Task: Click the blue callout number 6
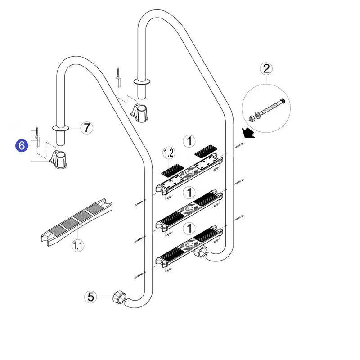(x=21, y=145)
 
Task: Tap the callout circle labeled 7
(x=87, y=128)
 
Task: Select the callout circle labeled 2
(x=266, y=68)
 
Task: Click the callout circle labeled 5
(x=91, y=297)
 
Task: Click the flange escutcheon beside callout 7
(x=61, y=128)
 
